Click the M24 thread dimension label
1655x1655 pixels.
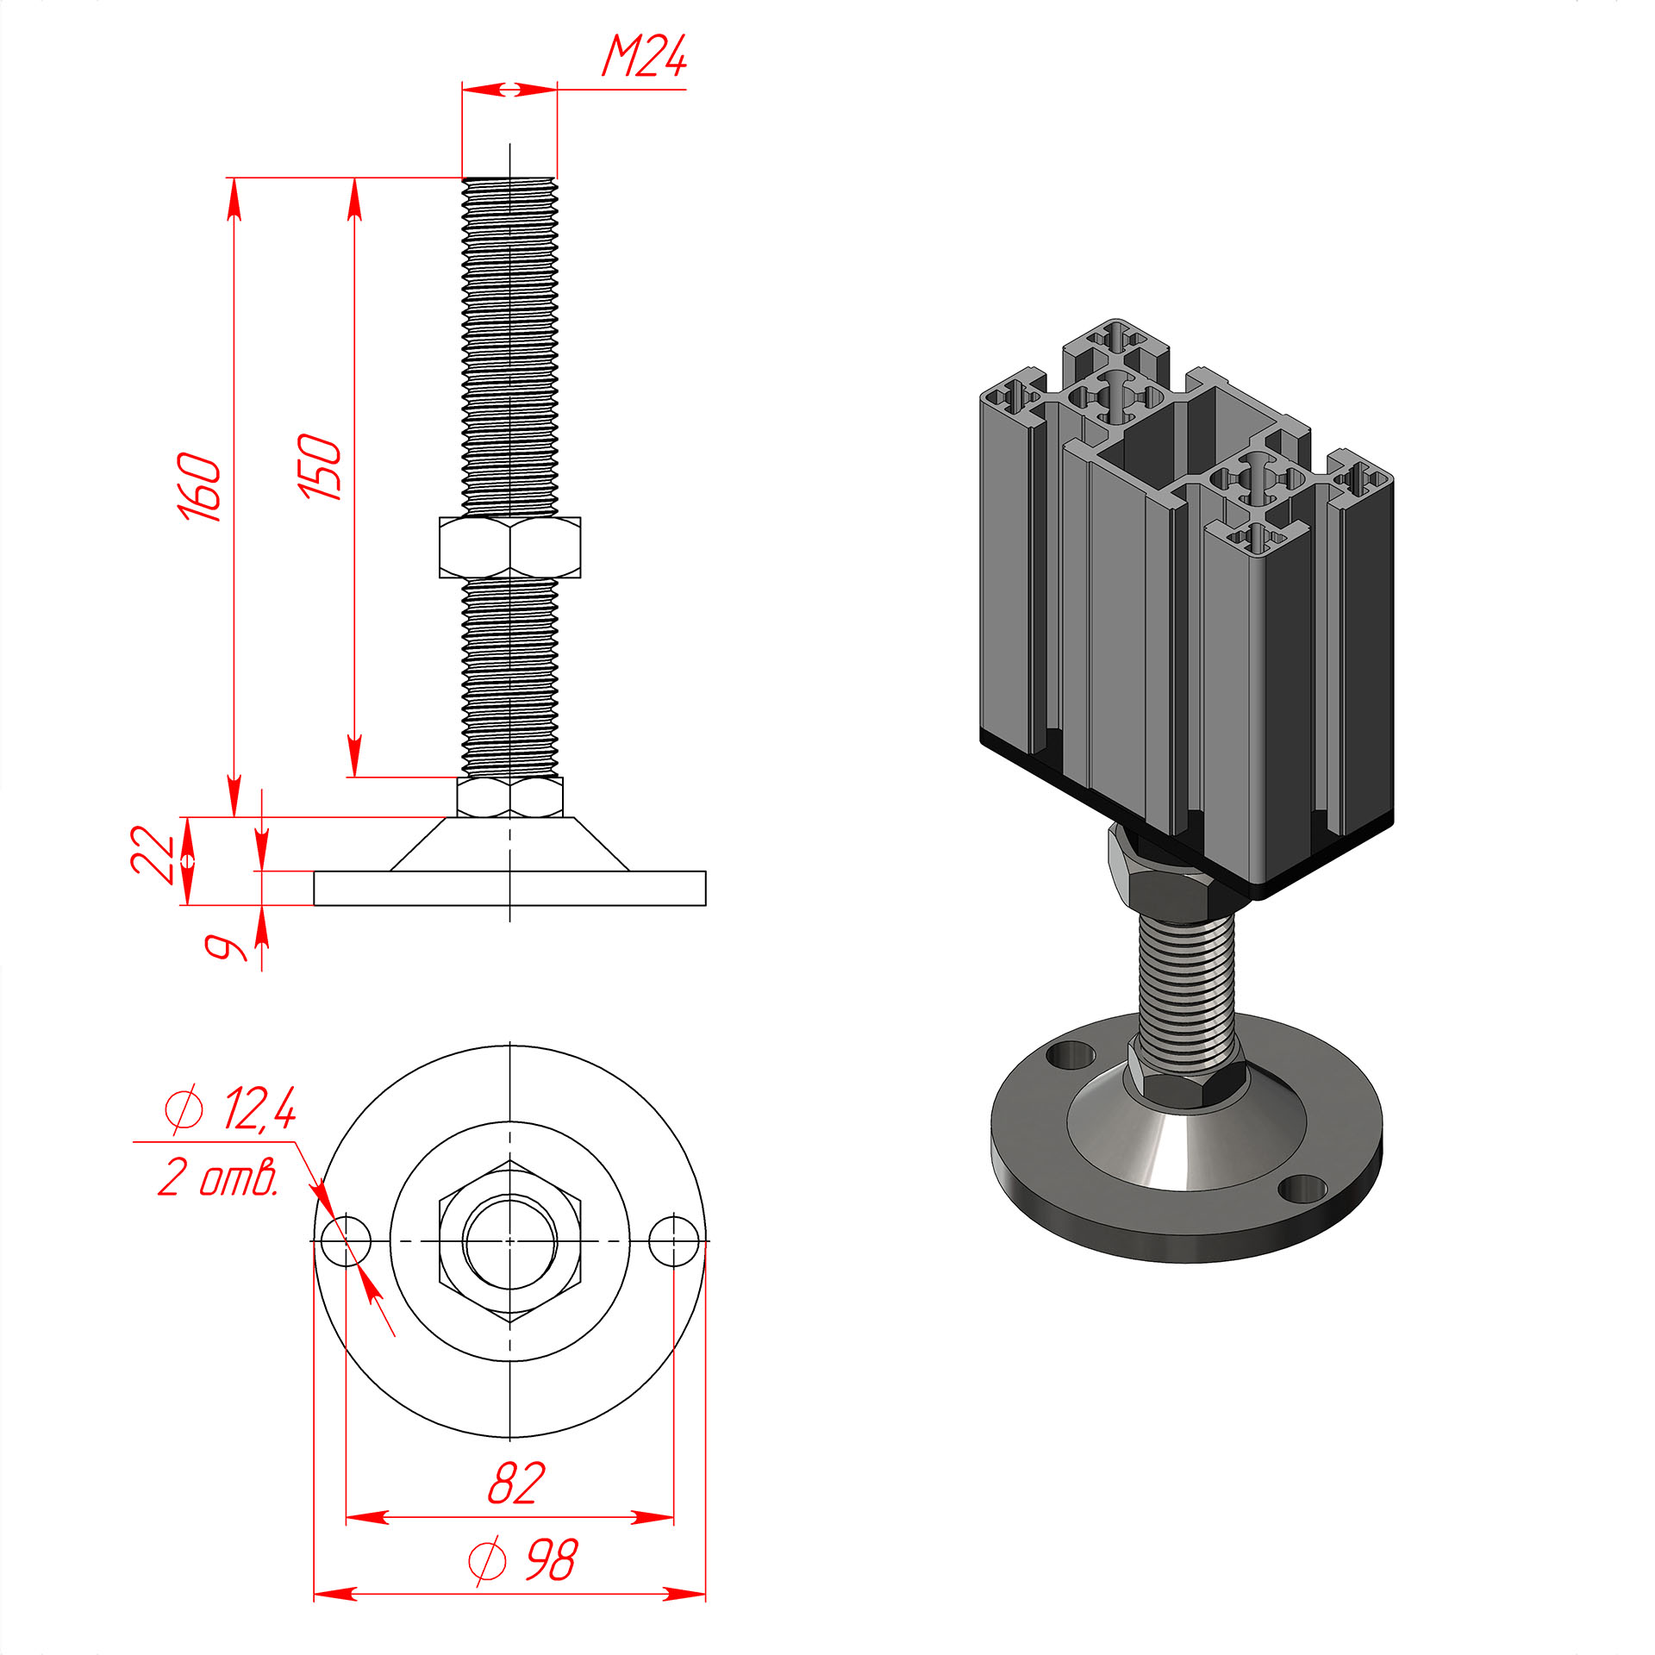click(x=644, y=58)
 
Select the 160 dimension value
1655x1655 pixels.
click(x=199, y=486)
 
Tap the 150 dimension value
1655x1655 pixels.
click(x=320, y=467)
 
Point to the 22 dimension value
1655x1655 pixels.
click(x=153, y=854)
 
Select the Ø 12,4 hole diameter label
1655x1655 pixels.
click(x=230, y=1109)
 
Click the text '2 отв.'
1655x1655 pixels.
click(x=219, y=1177)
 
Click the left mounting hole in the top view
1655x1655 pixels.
click(x=346, y=1241)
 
